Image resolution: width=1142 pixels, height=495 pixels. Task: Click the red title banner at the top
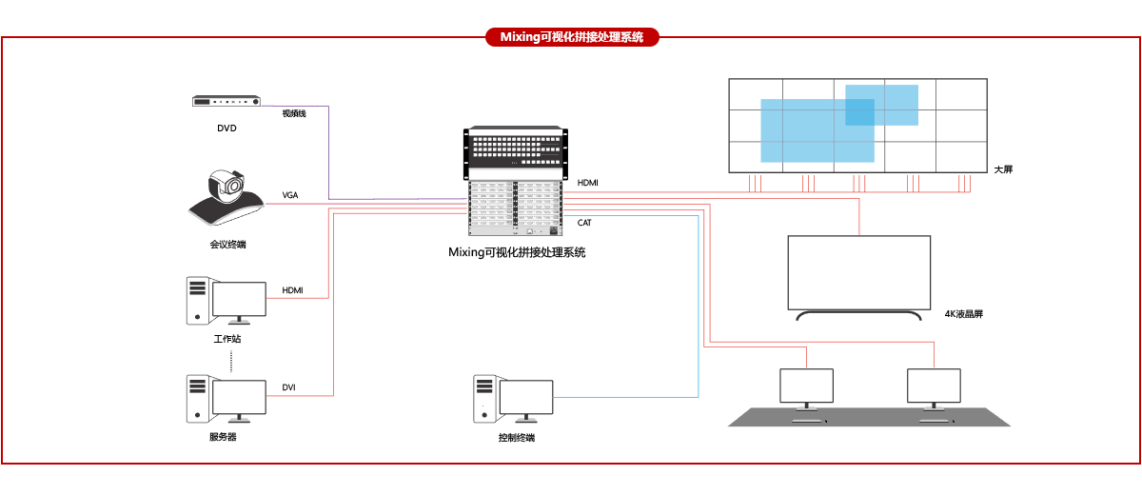point(571,37)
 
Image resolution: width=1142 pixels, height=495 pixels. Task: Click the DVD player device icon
point(226,102)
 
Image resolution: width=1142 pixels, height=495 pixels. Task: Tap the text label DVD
point(226,128)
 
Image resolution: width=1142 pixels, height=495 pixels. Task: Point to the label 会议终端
point(227,245)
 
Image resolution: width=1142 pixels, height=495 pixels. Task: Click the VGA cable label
point(290,194)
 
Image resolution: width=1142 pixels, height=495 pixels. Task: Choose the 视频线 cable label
point(293,113)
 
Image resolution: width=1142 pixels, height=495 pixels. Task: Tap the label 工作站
point(227,339)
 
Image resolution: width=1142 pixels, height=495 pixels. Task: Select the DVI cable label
point(289,386)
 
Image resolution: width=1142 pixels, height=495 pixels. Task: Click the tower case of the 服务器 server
point(197,398)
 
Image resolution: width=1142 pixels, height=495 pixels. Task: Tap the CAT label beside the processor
point(584,222)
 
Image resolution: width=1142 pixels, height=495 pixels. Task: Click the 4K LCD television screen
point(859,272)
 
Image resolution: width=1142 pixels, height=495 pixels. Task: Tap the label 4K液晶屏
point(963,313)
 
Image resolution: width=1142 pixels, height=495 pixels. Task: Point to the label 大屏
point(1003,169)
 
